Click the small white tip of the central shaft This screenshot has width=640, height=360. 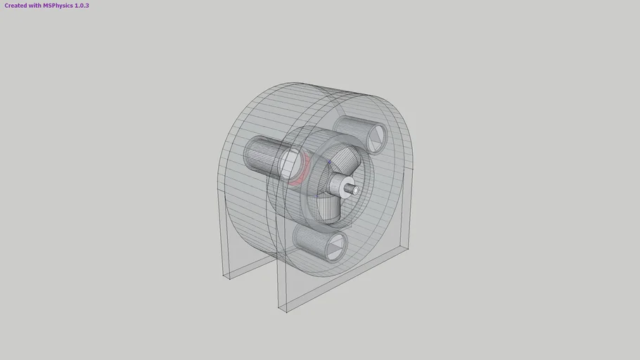[x=356, y=190]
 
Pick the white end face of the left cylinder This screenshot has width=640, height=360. [x=289, y=163]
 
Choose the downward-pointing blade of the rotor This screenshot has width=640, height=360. [x=330, y=211]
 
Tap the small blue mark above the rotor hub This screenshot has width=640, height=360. [x=328, y=163]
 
